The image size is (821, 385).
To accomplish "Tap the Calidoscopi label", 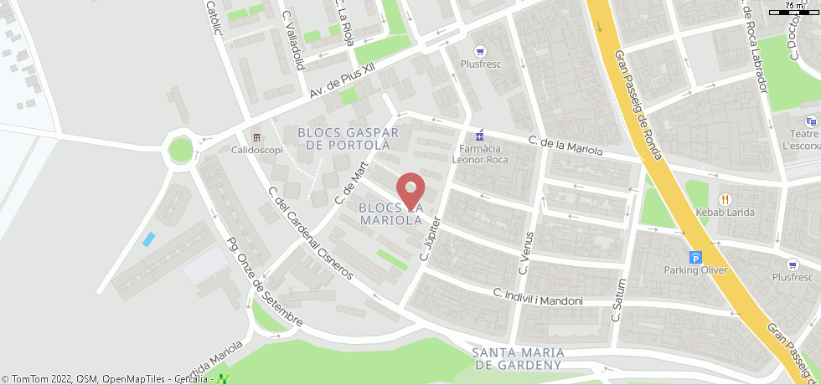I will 257,150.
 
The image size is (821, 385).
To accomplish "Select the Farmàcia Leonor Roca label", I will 480,154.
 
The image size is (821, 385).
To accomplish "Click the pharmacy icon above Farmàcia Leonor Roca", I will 479,135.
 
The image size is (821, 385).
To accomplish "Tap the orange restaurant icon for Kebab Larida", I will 724,199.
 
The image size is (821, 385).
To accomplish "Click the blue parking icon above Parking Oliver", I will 694,257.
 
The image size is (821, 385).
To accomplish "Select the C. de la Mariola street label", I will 565,146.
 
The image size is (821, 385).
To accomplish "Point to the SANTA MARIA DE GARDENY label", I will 516,358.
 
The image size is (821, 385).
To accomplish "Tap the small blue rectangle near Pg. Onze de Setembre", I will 148,239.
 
